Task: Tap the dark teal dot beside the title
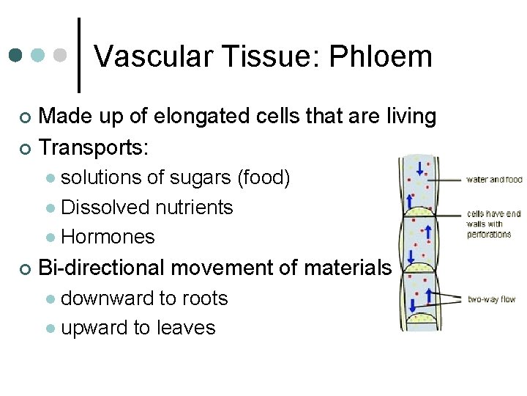point(16,56)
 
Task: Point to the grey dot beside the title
point(61,56)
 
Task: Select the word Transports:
point(94,147)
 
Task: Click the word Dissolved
point(105,208)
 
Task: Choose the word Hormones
point(108,237)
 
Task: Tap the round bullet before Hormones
point(50,238)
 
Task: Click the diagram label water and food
point(495,180)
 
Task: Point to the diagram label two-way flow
point(492,299)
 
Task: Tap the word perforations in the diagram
point(489,234)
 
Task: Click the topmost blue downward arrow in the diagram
point(420,168)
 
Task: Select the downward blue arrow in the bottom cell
point(413,305)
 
